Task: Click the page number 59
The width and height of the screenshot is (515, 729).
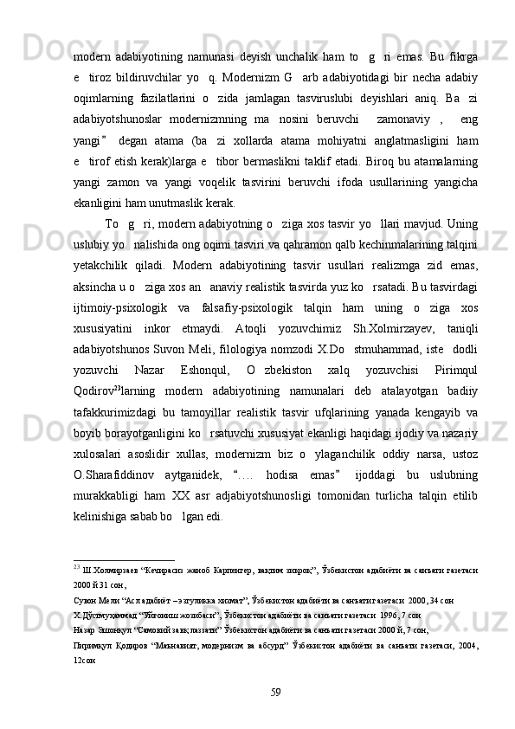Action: [x=275, y=690]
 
